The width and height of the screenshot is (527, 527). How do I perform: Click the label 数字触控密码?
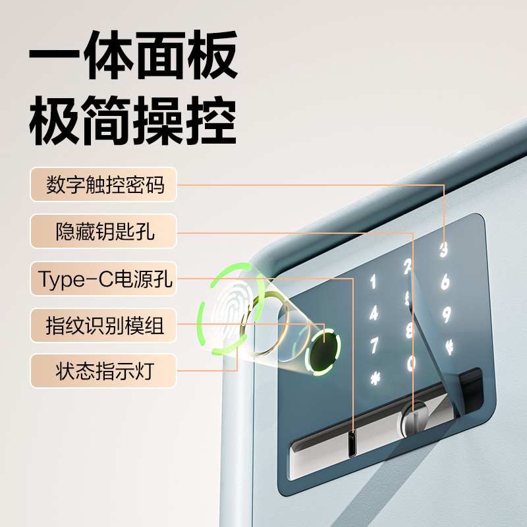[103, 184]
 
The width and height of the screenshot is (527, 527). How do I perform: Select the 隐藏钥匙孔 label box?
[103, 231]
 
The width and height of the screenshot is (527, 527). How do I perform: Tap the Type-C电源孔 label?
[103, 279]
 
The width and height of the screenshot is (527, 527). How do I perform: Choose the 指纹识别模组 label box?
[103, 325]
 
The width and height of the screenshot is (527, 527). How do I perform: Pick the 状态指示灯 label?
[103, 371]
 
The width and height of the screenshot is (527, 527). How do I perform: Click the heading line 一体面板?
[134, 55]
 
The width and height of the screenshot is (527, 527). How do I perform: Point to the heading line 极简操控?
[133, 120]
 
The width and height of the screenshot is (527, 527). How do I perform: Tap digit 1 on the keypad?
[373, 282]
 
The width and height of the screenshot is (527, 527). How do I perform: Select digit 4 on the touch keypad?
[374, 313]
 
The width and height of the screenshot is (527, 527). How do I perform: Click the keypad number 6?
[445, 281]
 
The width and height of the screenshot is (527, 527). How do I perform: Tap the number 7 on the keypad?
[374, 345]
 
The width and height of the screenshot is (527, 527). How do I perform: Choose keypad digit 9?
[447, 315]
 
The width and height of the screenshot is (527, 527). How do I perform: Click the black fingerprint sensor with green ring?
[323, 352]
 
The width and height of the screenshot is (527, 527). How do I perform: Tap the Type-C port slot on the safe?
[352, 443]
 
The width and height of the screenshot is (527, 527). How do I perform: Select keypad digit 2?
[408, 267]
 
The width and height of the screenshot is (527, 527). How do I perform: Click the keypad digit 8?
[410, 331]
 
